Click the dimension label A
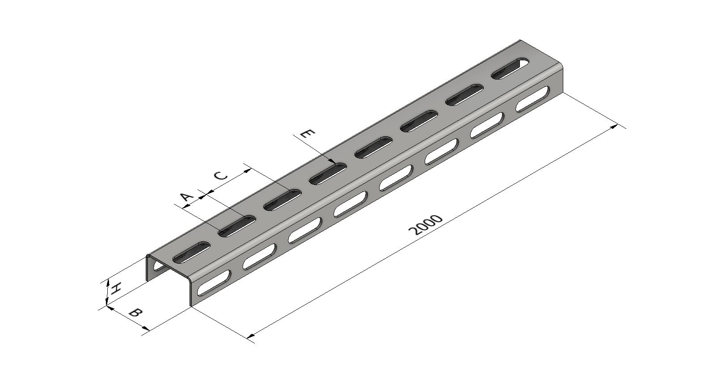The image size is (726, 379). click(186, 197)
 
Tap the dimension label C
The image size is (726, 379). click(221, 176)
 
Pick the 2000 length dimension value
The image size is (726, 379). click(426, 224)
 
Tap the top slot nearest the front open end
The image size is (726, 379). click(191, 252)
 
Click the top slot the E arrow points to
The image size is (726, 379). click(328, 174)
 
